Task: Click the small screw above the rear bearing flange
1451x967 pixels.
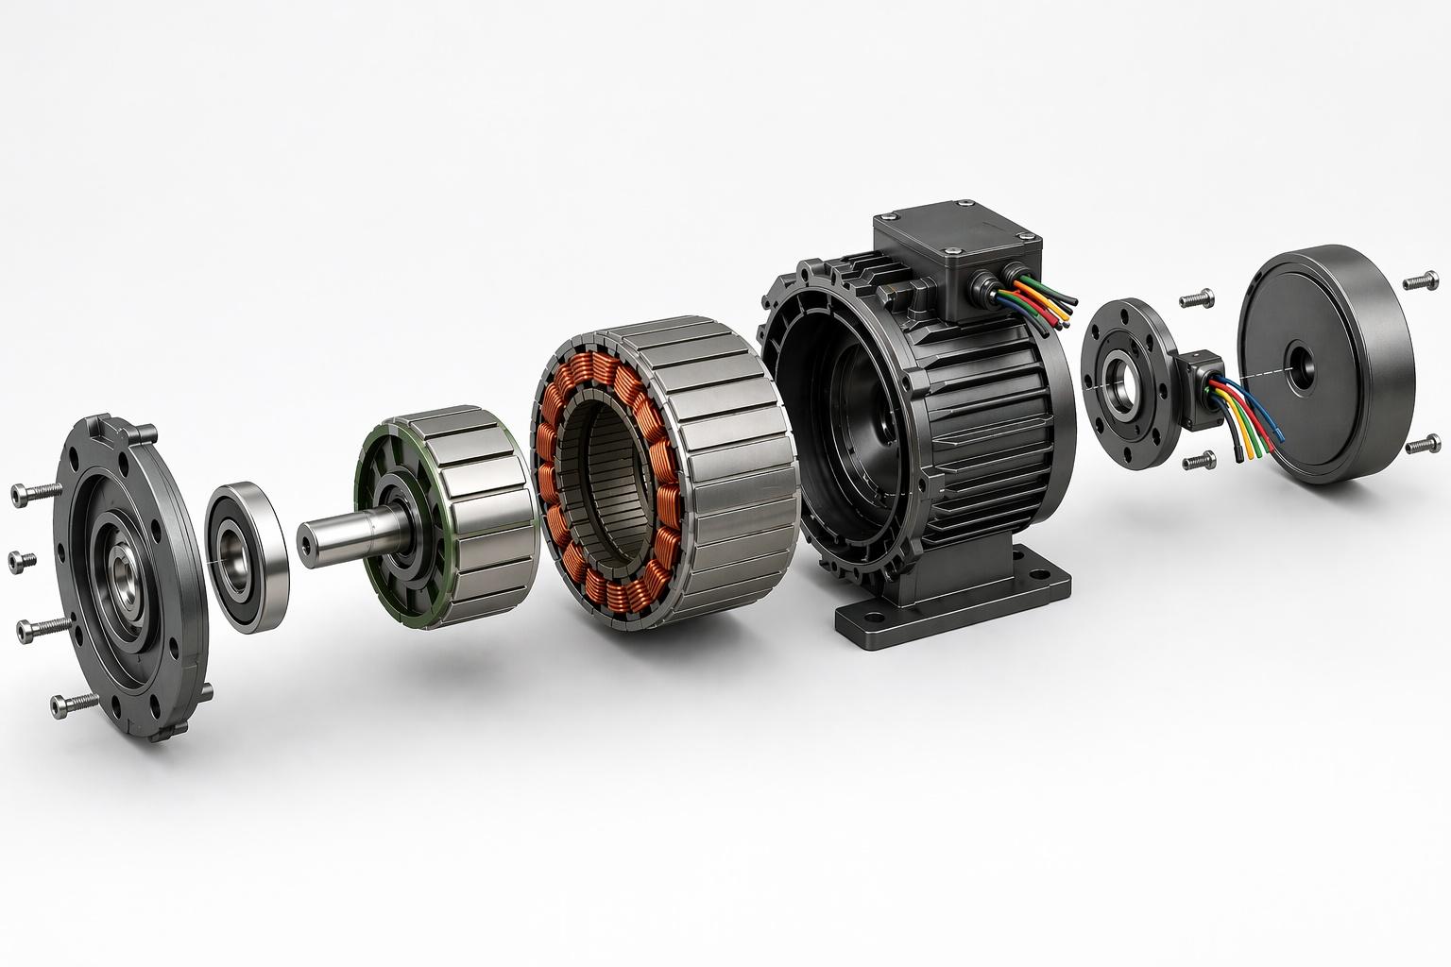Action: coord(1196,299)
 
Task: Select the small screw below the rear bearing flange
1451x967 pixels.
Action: coord(1198,462)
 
